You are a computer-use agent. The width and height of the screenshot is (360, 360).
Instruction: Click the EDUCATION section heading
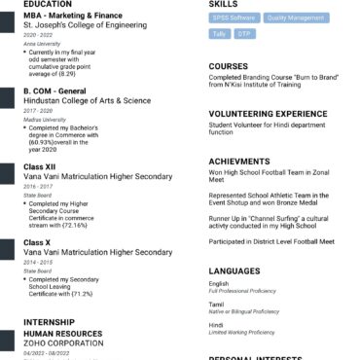point(49,5)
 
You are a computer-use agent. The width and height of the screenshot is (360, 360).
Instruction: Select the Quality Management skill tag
point(296,18)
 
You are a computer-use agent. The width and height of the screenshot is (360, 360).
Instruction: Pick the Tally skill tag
point(219,34)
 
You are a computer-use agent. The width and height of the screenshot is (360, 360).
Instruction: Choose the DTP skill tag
point(243,34)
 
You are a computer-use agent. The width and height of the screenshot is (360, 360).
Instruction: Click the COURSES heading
point(229,67)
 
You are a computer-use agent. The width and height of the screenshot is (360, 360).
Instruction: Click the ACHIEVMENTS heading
point(239,162)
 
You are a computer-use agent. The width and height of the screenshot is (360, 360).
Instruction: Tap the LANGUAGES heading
point(234,270)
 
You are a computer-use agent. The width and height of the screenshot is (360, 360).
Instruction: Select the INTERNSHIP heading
point(48,321)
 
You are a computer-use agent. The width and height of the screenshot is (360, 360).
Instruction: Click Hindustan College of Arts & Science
point(87,100)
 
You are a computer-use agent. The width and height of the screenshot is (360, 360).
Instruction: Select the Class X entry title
point(37,241)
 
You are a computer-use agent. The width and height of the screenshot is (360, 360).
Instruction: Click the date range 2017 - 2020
point(38,111)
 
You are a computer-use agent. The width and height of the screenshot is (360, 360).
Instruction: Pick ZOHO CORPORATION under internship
point(63,343)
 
